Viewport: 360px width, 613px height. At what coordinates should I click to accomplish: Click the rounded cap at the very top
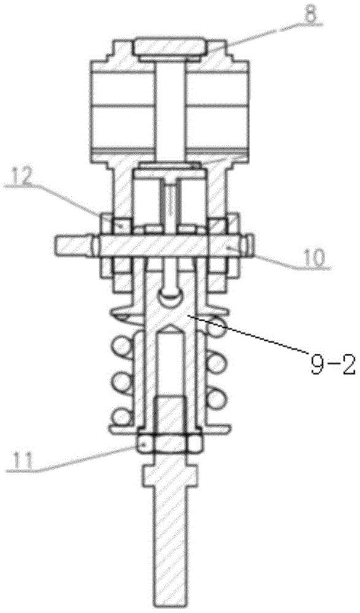(169, 46)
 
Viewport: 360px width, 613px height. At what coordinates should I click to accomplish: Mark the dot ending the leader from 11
(144, 444)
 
